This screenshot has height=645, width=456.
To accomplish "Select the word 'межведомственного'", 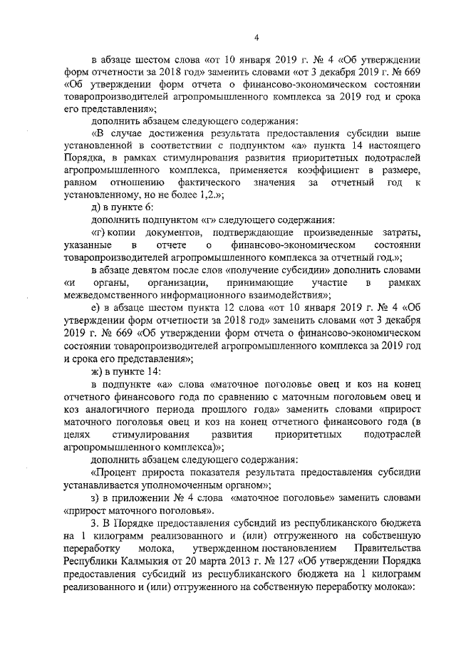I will pyautogui.click(x=108, y=295).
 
